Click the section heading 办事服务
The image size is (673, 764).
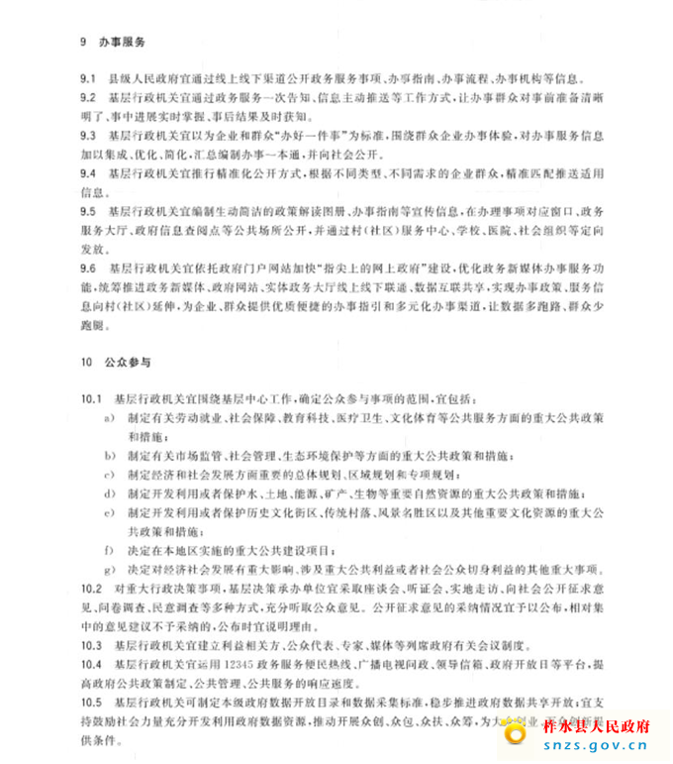click(x=122, y=43)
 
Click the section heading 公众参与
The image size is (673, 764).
click(x=122, y=362)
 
